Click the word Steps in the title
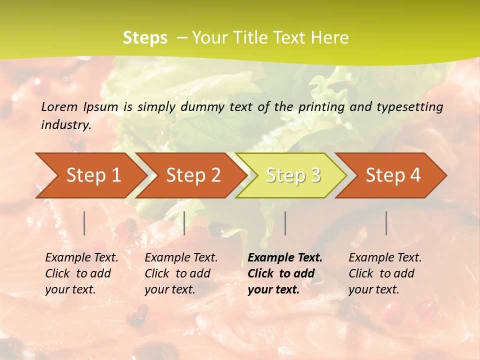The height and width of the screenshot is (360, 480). tap(145, 38)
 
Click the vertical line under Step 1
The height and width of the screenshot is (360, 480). tap(84, 223)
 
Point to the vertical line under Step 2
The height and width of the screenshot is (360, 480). tap(184, 223)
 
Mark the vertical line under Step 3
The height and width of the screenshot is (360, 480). tap(285, 223)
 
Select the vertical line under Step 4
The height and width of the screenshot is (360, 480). tap(386, 223)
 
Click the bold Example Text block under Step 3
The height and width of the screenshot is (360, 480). tap(285, 273)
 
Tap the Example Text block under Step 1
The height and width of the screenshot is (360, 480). tap(81, 273)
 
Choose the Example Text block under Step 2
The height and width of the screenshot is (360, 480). tap(181, 273)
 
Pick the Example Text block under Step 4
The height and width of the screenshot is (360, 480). tap(385, 273)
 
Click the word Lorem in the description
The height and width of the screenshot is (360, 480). tap(59, 106)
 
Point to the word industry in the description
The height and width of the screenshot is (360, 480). tap(66, 125)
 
